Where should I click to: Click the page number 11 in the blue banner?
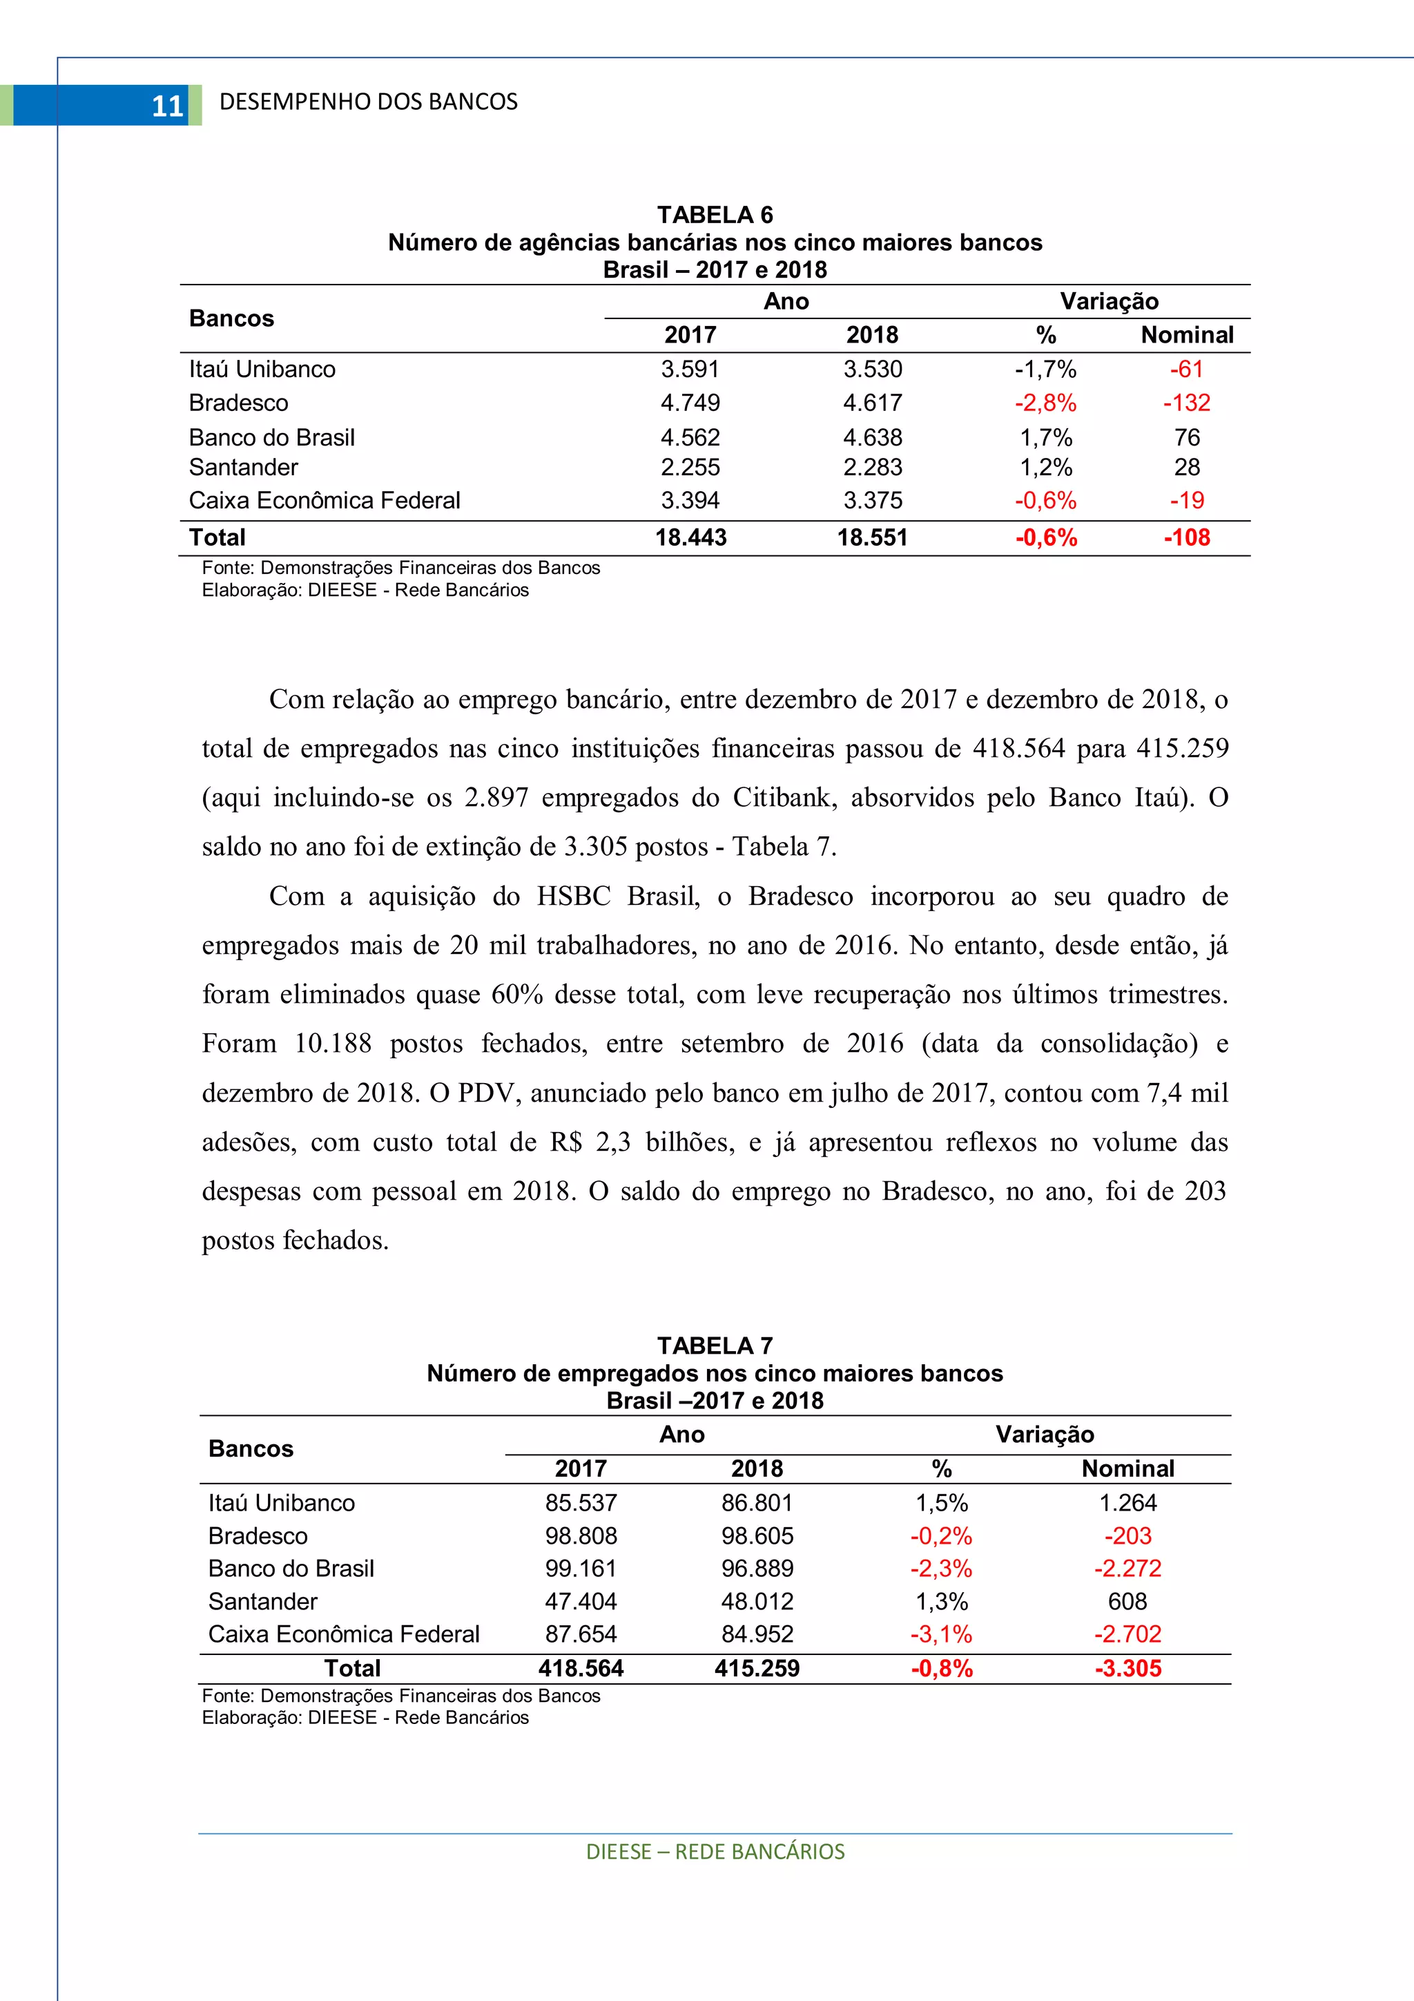167,106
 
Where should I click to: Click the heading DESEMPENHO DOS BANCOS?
369,102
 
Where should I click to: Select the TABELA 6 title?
715,214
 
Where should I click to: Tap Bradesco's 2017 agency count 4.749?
690,403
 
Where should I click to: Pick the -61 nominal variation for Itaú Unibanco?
1187,369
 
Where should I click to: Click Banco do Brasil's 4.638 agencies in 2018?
872,437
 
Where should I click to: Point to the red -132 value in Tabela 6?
1187,403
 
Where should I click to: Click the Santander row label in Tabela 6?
243,467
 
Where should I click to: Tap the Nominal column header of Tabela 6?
1187,335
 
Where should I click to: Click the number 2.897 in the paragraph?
496,798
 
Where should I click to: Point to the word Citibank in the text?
785,798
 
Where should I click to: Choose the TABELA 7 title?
715,1346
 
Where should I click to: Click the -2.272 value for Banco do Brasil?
1127,1568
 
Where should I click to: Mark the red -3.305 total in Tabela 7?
1127,1668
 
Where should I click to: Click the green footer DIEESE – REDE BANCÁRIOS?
715,1851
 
